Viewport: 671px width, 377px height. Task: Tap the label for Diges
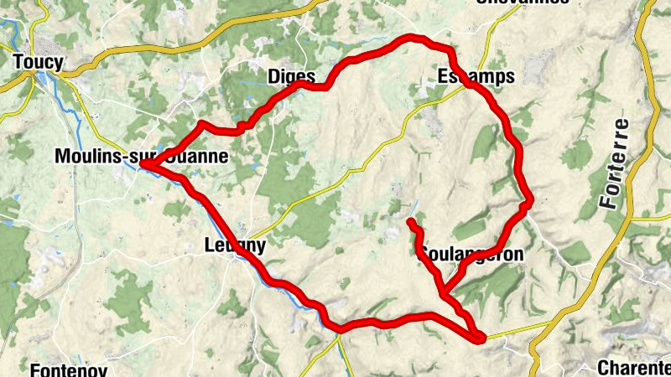click(x=291, y=76)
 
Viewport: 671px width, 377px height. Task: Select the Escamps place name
click(x=476, y=76)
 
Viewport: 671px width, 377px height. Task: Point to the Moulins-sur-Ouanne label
click(x=140, y=157)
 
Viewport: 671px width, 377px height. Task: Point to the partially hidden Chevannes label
click(x=523, y=3)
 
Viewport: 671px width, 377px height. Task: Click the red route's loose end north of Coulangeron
click(x=410, y=222)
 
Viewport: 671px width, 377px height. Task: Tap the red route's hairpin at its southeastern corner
click(x=481, y=338)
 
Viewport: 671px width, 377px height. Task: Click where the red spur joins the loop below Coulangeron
click(x=444, y=292)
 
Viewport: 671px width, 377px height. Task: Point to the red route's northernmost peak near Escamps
click(x=411, y=37)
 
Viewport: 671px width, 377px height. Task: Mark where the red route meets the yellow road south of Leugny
click(x=340, y=328)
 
